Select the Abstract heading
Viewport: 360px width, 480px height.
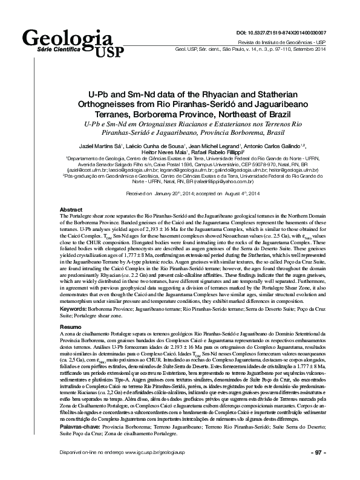pyautogui.click(x=73, y=209)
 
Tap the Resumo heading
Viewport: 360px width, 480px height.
pyautogui.click(x=71, y=326)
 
